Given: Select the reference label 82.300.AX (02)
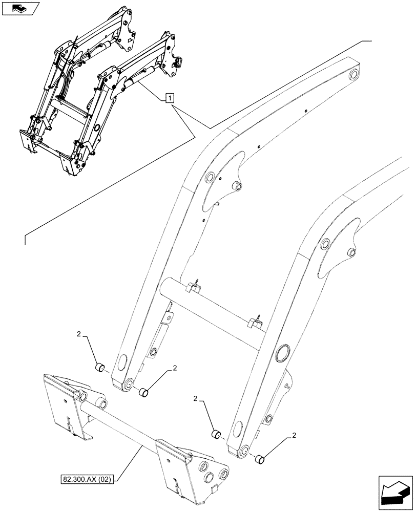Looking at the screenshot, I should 87,479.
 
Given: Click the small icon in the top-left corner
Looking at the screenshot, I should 20,8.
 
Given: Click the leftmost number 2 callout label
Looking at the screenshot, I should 79,334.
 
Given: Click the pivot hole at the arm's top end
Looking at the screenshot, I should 352,76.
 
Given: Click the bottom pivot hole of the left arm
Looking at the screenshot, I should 129,383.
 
